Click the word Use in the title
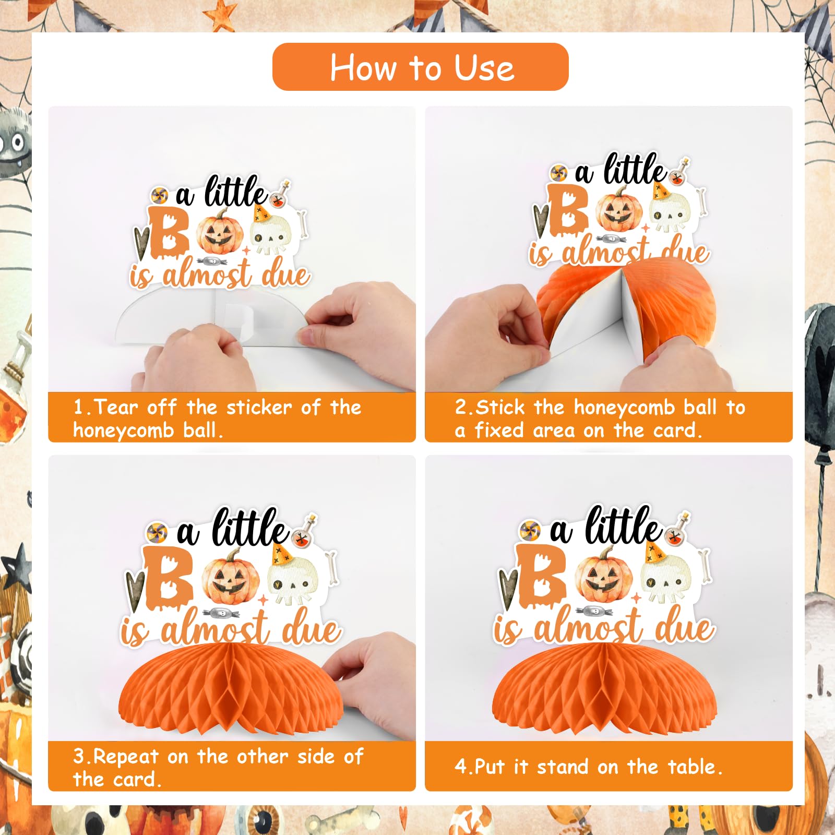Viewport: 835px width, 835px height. [484, 68]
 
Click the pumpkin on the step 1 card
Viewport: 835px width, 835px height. [220, 232]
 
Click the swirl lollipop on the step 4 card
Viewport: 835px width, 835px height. [530, 531]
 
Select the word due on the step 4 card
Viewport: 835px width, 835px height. [685, 626]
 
